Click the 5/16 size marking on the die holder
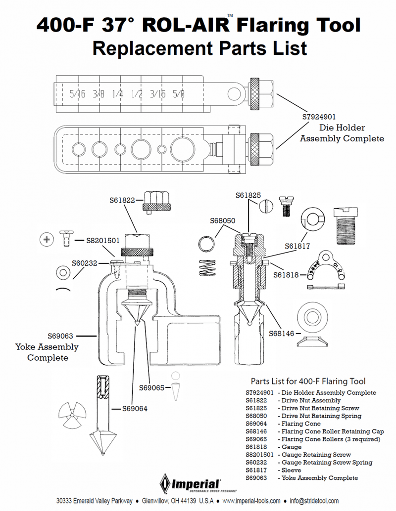pyautogui.click(x=77, y=94)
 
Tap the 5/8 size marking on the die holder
pyautogui.click(x=179, y=94)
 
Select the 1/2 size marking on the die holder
pyautogui.click(x=137, y=94)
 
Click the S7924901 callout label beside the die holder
pyautogui.click(x=319, y=117)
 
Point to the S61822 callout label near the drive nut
pyautogui.click(x=122, y=200)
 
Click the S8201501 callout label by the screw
pyautogui.click(x=103, y=241)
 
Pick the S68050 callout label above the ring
pyautogui.click(x=223, y=220)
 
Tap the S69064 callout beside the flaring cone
pyautogui.click(x=135, y=408)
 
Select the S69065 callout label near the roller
pyautogui.click(x=152, y=387)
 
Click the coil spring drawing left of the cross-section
pyautogui.click(x=207, y=267)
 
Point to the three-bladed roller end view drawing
pyautogui.click(x=72, y=415)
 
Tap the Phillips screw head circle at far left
pyautogui.click(x=47, y=240)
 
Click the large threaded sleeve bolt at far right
pyautogui.click(x=346, y=226)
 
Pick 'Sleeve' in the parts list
pyautogui.click(x=291, y=470)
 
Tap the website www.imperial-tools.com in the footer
pyautogui.click(x=251, y=501)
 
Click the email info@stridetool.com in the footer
pyautogui.click(x=314, y=501)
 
